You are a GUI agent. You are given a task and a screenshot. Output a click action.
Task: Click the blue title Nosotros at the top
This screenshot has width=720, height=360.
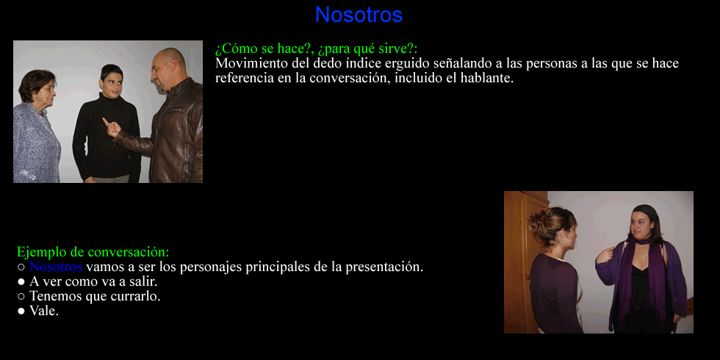tap(359, 15)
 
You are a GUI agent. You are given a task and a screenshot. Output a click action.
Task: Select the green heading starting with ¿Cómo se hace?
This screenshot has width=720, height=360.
tap(316, 48)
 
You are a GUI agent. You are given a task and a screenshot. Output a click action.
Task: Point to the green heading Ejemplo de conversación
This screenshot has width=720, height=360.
tap(93, 252)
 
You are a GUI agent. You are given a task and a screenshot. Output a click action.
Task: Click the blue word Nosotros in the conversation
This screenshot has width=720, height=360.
tap(56, 267)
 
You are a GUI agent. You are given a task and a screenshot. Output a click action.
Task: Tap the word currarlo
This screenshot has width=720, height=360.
tap(137, 296)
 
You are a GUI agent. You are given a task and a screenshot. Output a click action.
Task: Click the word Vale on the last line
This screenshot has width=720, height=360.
tap(44, 311)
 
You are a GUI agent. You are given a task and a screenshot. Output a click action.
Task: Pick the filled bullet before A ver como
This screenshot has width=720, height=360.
tap(21, 282)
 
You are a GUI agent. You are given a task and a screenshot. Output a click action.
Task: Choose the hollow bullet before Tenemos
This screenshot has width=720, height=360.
tap(21, 297)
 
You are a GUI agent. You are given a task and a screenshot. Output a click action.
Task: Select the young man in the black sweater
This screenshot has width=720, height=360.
tap(107, 124)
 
